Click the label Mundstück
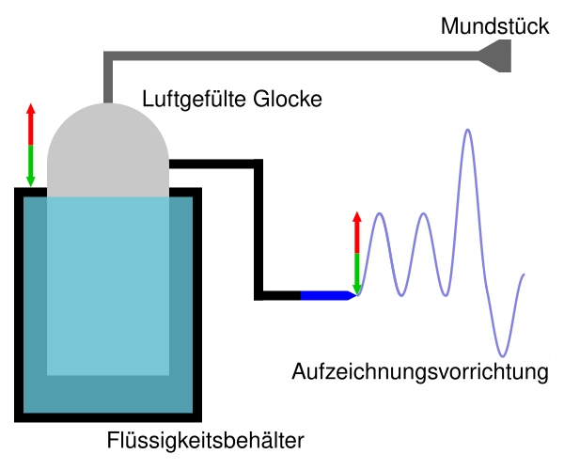coord(495,26)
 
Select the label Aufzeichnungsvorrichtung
coord(420,370)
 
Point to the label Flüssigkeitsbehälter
coord(206,439)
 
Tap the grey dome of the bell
coord(108,150)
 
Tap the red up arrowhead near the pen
coord(356,218)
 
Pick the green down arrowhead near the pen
coord(356,286)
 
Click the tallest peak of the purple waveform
coord(467,131)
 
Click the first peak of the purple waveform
coord(380,215)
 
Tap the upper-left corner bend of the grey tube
coord(108,56)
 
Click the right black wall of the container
coord(196,301)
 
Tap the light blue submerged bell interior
coord(108,282)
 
